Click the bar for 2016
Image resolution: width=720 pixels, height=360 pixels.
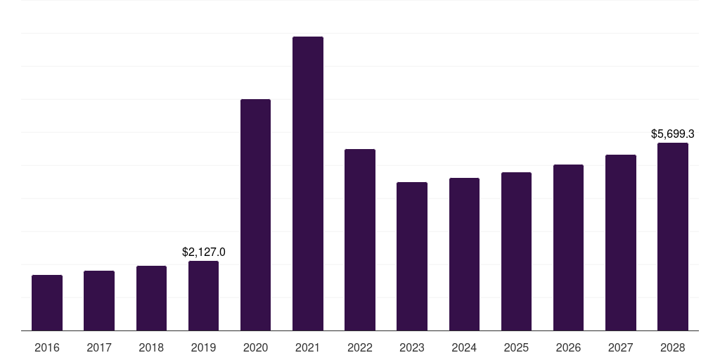[x=47, y=302]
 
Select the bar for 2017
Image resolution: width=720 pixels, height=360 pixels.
[x=99, y=300]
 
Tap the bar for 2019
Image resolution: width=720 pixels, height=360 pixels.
[x=203, y=295]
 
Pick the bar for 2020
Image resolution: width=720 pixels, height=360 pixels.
[x=255, y=214]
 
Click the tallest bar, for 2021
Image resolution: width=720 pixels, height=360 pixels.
[x=308, y=184]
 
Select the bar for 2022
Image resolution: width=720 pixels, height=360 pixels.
[x=360, y=240]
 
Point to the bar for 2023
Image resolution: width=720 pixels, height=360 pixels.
[x=412, y=256]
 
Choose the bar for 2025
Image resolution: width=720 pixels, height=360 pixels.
[x=516, y=251]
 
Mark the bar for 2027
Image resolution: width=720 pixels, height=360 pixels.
[x=621, y=243]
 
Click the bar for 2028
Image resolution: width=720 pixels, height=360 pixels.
[x=673, y=236]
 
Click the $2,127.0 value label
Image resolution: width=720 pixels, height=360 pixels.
[x=203, y=252]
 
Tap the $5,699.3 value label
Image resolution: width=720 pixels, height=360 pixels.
[x=673, y=134]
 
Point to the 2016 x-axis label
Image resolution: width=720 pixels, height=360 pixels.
[x=47, y=347]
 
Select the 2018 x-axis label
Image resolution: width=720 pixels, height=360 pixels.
[x=151, y=347]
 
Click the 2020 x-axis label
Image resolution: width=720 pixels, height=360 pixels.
[x=255, y=347]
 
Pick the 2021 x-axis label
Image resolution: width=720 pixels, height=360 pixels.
[x=308, y=347]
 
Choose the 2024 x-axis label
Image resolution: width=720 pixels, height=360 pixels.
[x=464, y=347]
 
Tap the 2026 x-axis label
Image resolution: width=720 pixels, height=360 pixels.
[x=568, y=347]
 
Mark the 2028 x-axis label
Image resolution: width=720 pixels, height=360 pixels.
[x=673, y=347]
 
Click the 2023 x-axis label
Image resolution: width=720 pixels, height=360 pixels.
[x=412, y=347]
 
